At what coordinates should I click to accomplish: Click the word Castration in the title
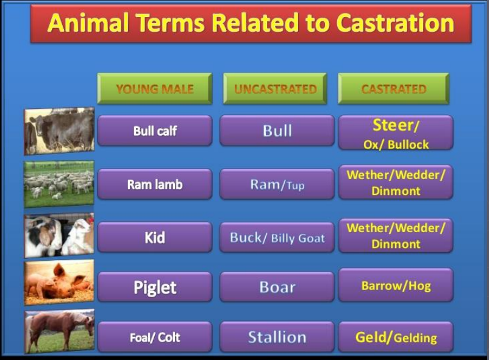pyautogui.click(x=395, y=23)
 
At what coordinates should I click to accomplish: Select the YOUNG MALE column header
pyautogui.click(x=155, y=88)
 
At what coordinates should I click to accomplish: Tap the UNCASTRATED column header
pyautogui.click(x=275, y=88)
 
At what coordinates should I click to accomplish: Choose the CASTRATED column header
pyautogui.click(x=393, y=88)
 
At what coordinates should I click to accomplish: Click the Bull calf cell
pyautogui.click(x=155, y=130)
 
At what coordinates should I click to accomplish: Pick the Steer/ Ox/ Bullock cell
pyautogui.click(x=396, y=132)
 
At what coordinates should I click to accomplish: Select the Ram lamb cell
pyautogui.click(x=155, y=184)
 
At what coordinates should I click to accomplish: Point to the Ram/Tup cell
pyautogui.click(x=277, y=184)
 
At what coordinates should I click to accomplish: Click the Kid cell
pyautogui.click(x=155, y=237)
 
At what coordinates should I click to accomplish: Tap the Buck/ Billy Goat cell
pyautogui.click(x=277, y=237)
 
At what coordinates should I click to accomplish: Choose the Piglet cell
pyautogui.click(x=155, y=287)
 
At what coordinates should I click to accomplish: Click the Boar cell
pyautogui.click(x=277, y=287)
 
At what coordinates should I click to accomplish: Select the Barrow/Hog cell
pyautogui.click(x=396, y=285)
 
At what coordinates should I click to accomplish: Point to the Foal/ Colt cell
pyautogui.click(x=155, y=337)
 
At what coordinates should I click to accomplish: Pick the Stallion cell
pyautogui.click(x=277, y=337)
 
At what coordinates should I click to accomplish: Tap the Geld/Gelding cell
pyautogui.click(x=396, y=337)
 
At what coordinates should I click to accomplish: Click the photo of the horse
pyautogui.click(x=59, y=331)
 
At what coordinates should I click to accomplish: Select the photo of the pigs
pyautogui.click(x=59, y=283)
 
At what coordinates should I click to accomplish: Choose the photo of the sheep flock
pyautogui.click(x=59, y=184)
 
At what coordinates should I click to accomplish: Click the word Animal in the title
pyautogui.click(x=88, y=23)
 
